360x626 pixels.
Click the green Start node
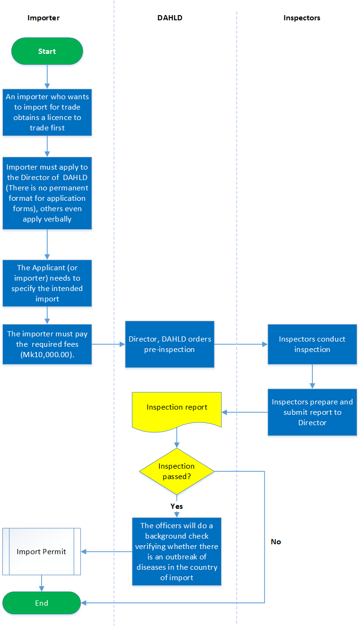[x=47, y=51]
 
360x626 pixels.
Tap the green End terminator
[x=42, y=603]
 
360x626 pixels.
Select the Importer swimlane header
[x=43, y=18]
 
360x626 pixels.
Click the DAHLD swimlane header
[x=170, y=18]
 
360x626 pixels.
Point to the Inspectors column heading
[x=301, y=18]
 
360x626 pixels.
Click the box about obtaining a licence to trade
[x=47, y=112]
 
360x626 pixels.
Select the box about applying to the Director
[x=47, y=193]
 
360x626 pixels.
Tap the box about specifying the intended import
[x=47, y=283]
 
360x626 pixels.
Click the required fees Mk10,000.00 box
[x=47, y=344]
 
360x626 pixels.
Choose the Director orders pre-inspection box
[x=170, y=344]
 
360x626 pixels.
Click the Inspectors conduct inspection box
[x=312, y=344]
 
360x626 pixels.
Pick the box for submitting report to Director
[x=312, y=412]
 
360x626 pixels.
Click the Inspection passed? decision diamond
[x=177, y=471]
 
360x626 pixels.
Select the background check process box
[x=177, y=551]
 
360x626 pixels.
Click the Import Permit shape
[x=42, y=551]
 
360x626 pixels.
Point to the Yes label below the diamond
[x=177, y=506]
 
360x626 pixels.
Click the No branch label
[x=276, y=541]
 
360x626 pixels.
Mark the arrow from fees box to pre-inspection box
[x=108, y=344]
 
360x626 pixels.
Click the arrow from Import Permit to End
[x=42, y=583]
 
